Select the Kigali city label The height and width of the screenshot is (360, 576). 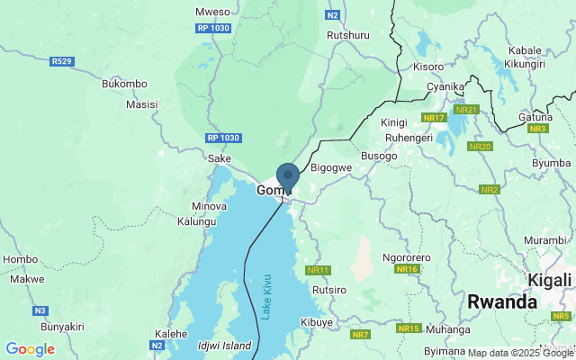(x=549, y=279)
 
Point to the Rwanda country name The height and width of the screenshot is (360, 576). (x=502, y=302)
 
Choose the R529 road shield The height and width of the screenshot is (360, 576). (x=61, y=61)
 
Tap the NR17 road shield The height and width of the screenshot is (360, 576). (x=434, y=118)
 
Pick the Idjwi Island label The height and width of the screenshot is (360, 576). (x=224, y=346)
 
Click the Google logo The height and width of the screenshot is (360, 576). (x=30, y=349)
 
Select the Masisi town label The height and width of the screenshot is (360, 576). (x=141, y=104)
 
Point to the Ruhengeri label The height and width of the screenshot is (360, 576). (x=409, y=138)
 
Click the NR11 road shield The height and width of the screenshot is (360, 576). (x=319, y=270)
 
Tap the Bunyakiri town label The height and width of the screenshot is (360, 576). (x=42, y=327)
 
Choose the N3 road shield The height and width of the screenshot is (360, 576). (x=40, y=310)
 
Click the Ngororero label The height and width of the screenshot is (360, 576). (x=407, y=257)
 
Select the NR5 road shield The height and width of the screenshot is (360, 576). (x=562, y=316)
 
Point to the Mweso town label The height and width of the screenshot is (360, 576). (x=212, y=13)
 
